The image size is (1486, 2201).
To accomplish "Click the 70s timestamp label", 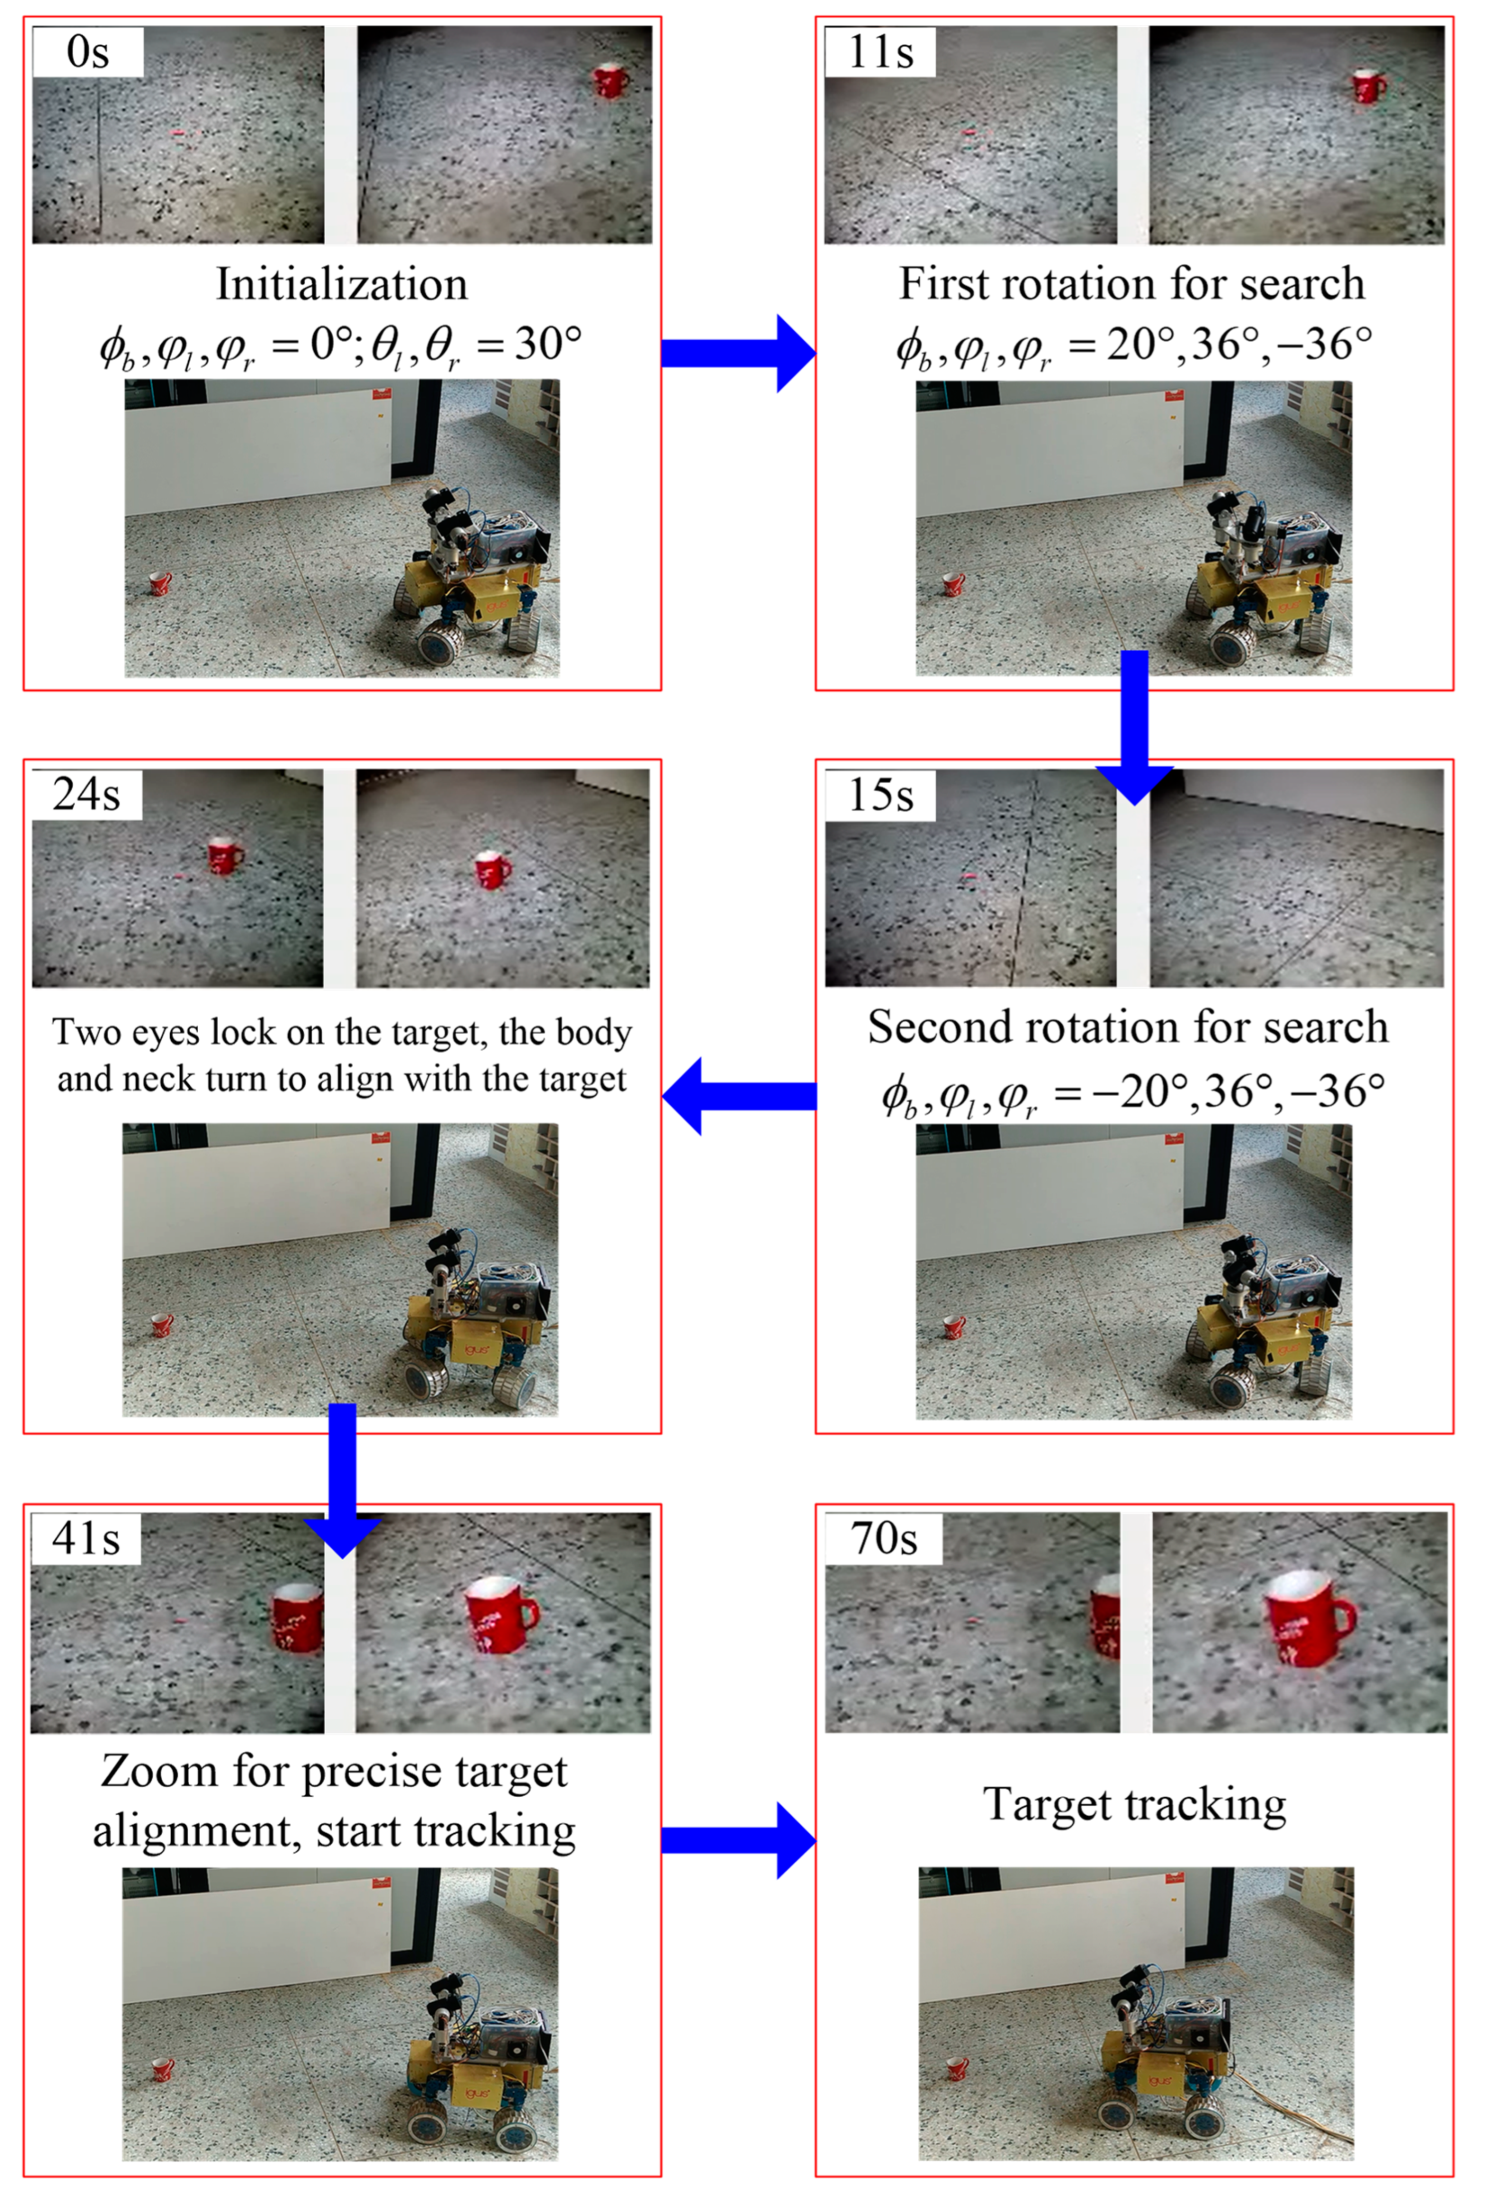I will tap(883, 1538).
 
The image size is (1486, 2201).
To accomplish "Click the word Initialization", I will tap(342, 284).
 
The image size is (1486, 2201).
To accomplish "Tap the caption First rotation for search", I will tap(1132, 284).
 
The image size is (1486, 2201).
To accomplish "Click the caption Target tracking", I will tap(1134, 1804).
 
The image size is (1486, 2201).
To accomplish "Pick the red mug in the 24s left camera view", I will tap(224, 857).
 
